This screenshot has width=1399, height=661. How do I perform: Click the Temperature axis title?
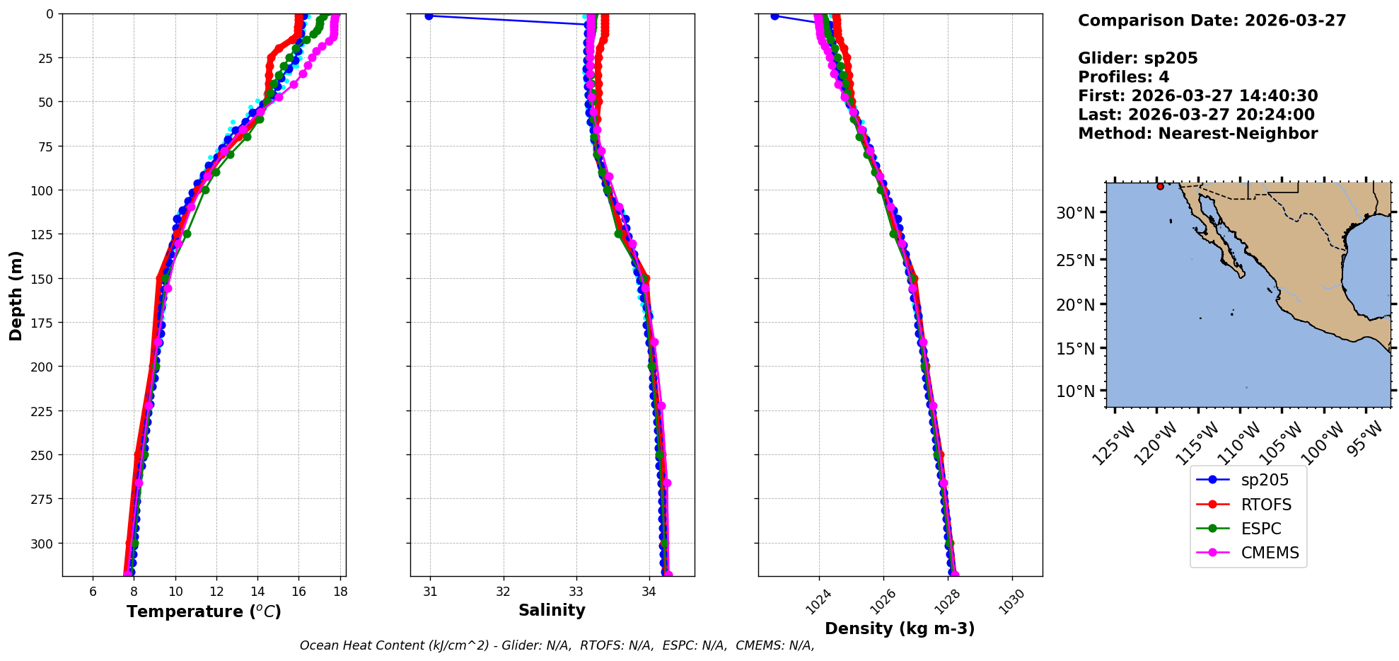(x=204, y=611)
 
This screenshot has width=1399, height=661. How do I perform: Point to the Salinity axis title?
(x=552, y=610)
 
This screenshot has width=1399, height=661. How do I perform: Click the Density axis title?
(x=900, y=628)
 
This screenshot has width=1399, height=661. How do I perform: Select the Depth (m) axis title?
(x=16, y=295)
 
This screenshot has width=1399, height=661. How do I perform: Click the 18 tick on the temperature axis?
(x=340, y=592)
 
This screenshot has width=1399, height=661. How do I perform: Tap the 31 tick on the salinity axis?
(x=430, y=592)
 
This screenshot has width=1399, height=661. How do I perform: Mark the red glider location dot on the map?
(x=1160, y=186)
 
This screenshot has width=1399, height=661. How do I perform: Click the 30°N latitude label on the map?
(x=1075, y=213)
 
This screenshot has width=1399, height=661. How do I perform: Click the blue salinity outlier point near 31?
(x=429, y=16)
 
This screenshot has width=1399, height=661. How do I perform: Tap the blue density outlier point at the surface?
(x=774, y=16)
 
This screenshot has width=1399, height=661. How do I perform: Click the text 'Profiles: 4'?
(x=1123, y=77)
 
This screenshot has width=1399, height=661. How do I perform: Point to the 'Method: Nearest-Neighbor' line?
(x=1197, y=134)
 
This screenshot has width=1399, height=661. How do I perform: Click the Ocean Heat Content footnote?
(x=557, y=645)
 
